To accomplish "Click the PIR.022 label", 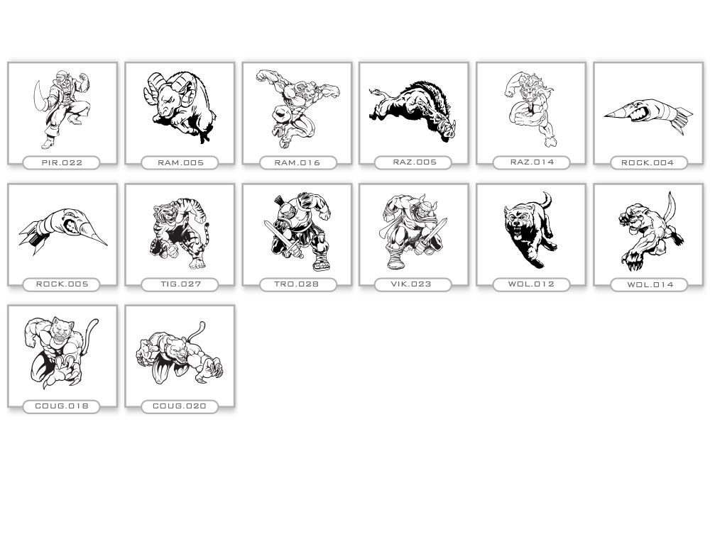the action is coord(62,162).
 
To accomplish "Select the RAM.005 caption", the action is coord(180,162).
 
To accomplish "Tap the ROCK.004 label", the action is coord(648,162).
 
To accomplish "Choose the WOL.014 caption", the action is coord(650,284).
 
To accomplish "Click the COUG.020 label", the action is coord(180,406).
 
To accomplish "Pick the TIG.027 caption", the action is coord(180,284).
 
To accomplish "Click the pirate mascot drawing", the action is coord(62,109).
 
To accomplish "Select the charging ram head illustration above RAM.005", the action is coord(180,107).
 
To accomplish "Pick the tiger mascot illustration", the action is coord(180,233).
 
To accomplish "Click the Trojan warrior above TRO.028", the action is coord(297,231).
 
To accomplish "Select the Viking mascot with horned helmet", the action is coord(414,231).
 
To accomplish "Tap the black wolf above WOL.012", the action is coord(530,230).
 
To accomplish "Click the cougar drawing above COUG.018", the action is coord(60,352).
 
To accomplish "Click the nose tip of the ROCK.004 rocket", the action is coord(605,116).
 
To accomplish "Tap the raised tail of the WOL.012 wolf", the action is coord(547,199).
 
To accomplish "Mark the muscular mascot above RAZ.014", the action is coord(530,109).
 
